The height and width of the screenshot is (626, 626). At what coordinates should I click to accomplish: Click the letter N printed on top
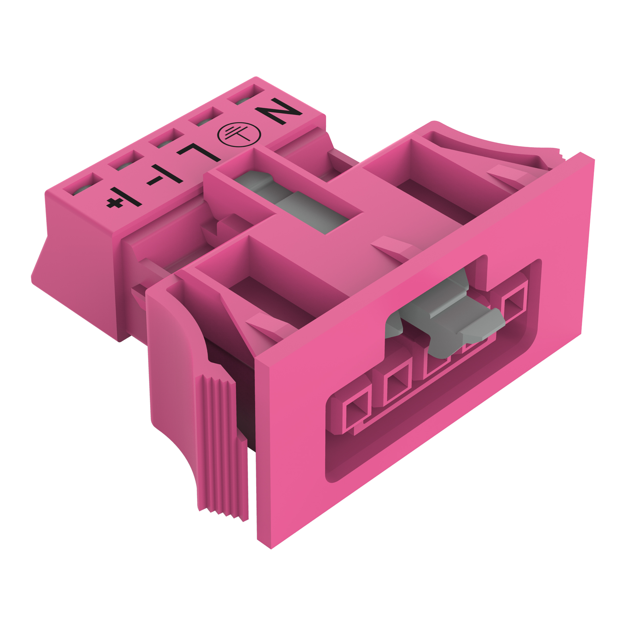click(278, 111)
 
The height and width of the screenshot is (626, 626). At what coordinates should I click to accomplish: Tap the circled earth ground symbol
click(239, 135)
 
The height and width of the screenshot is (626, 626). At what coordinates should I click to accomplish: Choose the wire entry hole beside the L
click(165, 139)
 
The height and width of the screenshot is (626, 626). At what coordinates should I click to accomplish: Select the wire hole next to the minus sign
click(125, 161)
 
